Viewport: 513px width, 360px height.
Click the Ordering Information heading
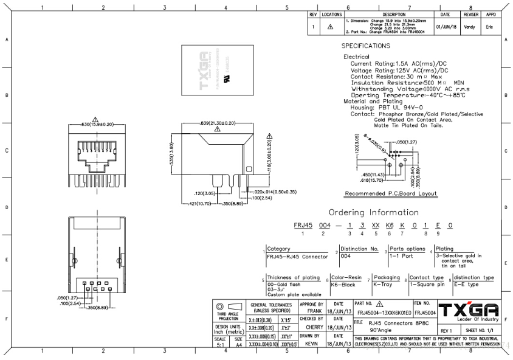coord(373,213)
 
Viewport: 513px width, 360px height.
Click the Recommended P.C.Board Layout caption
coord(391,193)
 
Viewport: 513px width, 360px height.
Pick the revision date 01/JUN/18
coord(445,27)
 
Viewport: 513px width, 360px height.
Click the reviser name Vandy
coord(470,27)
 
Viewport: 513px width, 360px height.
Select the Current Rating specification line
coord(399,63)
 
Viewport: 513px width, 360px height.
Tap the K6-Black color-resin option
coord(343,285)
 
